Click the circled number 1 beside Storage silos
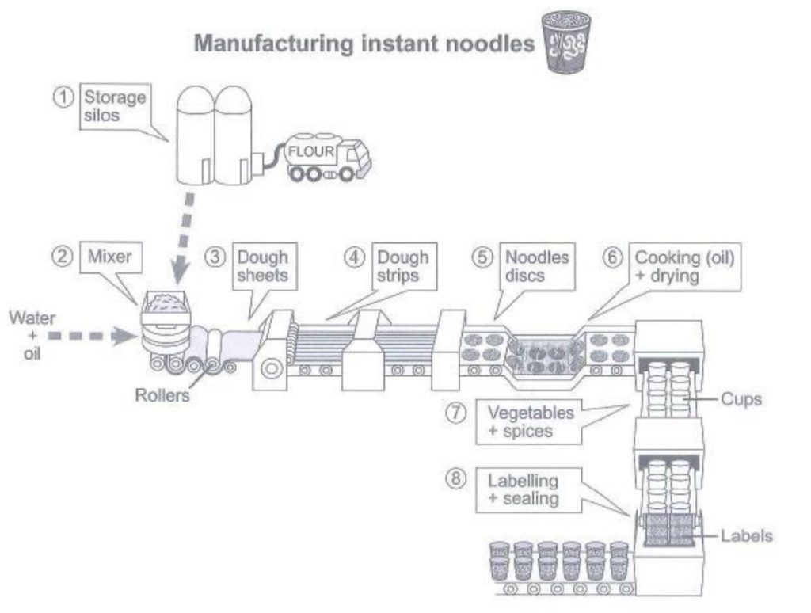[63, 97]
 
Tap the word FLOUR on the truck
[311, 151]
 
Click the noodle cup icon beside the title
[565, 42]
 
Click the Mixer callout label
[111, 257]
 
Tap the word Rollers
[162, 395]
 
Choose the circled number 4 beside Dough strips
[354, 257]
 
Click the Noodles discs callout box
[538, 266]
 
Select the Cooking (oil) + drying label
[685, 266]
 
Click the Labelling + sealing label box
[528, 490]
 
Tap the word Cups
[741, 399]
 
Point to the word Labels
[746, 536]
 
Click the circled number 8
[455, 478]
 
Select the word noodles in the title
[489, 44]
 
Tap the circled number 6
[612, 257]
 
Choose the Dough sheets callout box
[265, 266]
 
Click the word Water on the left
[32, 318]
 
